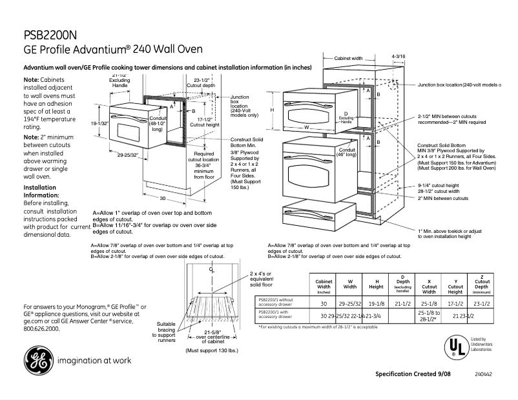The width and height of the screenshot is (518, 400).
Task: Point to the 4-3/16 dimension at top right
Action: (x=398, y=57)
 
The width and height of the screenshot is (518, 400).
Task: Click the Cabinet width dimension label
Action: (x=348, y=58)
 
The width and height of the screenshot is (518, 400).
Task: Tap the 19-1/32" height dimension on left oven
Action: (x=98, y=123)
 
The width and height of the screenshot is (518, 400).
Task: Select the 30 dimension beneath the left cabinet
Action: (x=163, y=199)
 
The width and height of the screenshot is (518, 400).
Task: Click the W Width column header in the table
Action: (x=350, y=285)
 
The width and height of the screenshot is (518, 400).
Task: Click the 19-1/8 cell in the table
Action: (x=377, y=302)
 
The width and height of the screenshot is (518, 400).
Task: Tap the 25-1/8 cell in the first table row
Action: (x=429, y=302)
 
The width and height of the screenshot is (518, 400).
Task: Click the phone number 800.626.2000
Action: (x=41, y=328)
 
